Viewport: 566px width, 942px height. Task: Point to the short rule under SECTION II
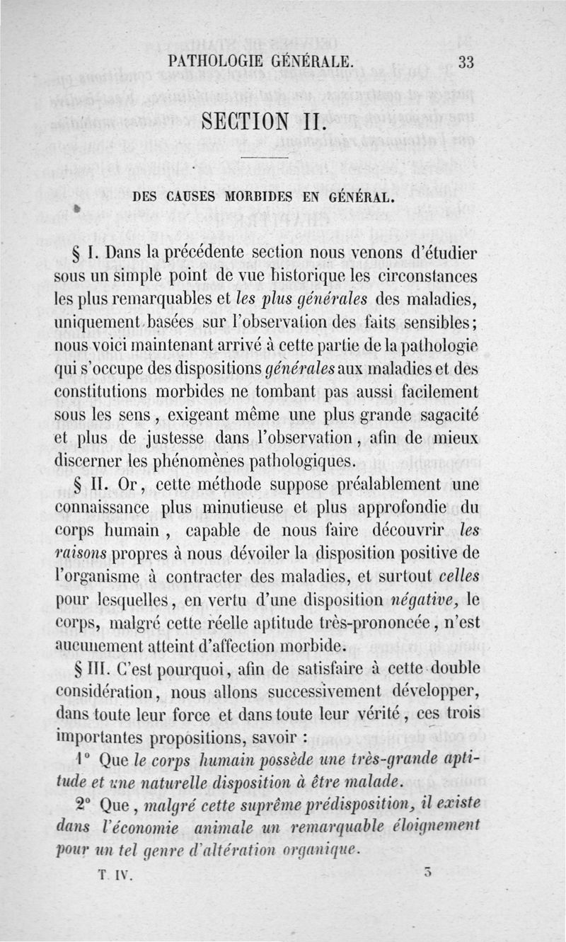click(x=264, y=156)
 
